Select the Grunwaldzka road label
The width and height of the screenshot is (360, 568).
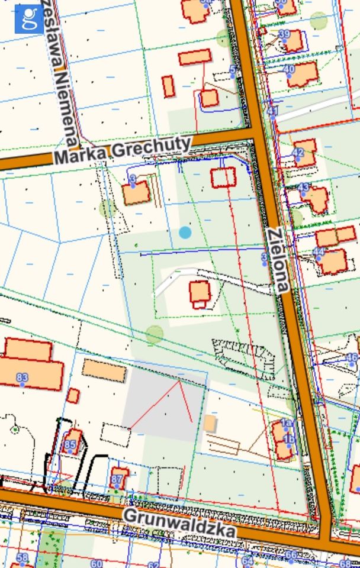(179, 524)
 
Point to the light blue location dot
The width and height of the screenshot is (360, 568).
(185, 232)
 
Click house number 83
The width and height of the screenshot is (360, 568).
(22, 377)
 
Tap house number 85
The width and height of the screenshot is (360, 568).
(70, 444)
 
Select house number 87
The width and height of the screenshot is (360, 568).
(117, 479)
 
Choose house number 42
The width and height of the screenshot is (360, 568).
(298, 153)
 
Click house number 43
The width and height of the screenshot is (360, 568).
(303, 188)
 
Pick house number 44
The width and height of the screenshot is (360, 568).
(319, 251)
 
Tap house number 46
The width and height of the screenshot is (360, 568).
(352, 357)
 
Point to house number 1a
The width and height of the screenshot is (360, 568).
(287, 422)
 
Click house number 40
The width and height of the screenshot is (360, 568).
(289, 69)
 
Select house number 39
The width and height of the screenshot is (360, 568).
(284, 34)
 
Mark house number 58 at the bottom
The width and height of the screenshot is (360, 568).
(22, 557)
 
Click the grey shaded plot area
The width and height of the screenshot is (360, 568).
(160, 402)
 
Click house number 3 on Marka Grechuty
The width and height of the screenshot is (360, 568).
(133, 179)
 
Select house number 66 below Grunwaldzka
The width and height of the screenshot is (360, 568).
(291, 555)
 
